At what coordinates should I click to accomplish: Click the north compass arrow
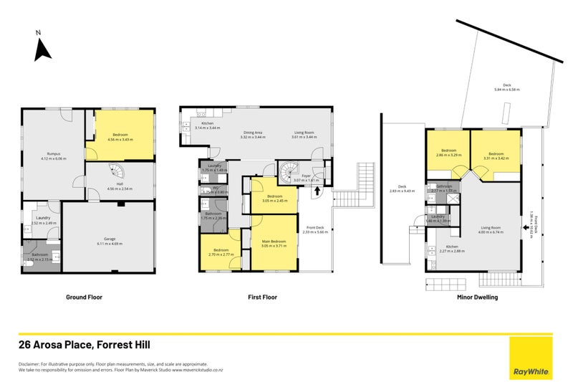click(x=42, y=49)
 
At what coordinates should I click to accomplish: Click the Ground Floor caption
click(x=86, y=297)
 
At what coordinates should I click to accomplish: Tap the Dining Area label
click(x=253, y=133)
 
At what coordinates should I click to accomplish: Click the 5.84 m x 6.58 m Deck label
click(x=506, y=87)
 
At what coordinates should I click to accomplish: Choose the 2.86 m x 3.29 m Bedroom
click(x=448, y=153)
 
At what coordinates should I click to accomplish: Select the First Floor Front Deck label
click(x=314, y=229)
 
